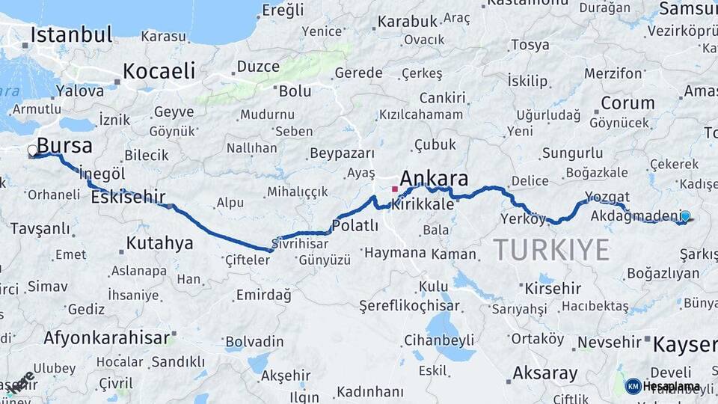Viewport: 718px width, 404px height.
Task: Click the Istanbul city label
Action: [71, 34]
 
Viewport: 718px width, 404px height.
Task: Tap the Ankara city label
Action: [434, 179]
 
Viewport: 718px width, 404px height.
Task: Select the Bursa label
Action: [64, 145]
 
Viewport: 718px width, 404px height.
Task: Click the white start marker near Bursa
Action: [32, 151]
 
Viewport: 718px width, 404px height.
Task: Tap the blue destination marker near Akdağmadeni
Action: [685, 216]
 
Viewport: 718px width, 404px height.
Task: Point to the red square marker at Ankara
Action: [395, 189]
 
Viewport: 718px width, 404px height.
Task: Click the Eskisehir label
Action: [127, 198]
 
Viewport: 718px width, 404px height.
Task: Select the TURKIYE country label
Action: [551, 249]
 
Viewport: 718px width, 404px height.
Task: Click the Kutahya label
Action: [159, 243]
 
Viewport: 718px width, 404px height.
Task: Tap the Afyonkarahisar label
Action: [107, 337]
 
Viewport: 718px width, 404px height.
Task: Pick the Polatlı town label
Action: [355, 226]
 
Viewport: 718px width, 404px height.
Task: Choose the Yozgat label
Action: [603, 198]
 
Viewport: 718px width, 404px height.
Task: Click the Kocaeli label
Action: [159, 71]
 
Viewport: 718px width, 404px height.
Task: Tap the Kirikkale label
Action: [423, 204]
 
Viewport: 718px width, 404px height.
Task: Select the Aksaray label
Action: [545, 373]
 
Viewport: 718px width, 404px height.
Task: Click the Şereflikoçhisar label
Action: [408, 306]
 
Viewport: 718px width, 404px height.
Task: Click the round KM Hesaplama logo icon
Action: [633, 386]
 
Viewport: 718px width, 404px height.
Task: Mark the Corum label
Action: [617, 103]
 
